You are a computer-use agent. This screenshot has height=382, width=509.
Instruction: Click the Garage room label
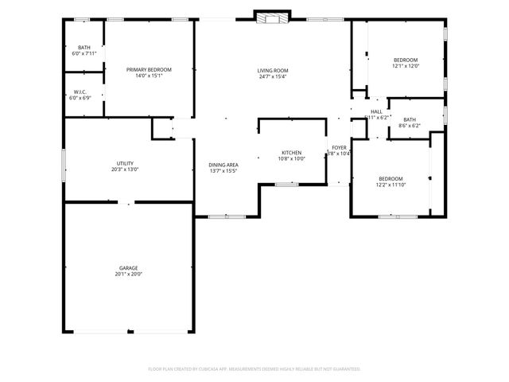(129, 268)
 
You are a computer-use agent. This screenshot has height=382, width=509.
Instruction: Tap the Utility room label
(125, 163)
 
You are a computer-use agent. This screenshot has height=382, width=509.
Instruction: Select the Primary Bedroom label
(149, 70)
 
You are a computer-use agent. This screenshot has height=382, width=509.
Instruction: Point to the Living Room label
(272, 70)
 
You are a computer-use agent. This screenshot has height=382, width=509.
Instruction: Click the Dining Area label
(223, 165)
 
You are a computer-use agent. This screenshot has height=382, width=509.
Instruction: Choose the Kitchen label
(291, 152)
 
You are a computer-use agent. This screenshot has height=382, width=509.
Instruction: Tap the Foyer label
(340, 147)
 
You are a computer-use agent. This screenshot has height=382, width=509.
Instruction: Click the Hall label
(376, 111)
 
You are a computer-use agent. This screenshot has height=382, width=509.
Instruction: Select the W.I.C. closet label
(81, 92)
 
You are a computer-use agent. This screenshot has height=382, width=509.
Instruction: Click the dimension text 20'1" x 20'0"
(129, 275)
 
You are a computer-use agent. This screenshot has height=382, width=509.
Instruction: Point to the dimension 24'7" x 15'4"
(272, 76)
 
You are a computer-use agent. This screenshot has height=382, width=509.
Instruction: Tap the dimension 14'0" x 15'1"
(149, 76)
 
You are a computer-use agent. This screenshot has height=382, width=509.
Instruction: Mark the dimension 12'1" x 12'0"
(405, 67)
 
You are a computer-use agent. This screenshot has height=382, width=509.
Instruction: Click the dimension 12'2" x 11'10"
(390, 185)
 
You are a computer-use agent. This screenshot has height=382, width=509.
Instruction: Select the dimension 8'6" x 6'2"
(409, 126)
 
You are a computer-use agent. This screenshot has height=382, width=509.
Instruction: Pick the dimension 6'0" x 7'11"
(84, 54)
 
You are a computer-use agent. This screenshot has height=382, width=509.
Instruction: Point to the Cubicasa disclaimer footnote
(254, 369)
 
